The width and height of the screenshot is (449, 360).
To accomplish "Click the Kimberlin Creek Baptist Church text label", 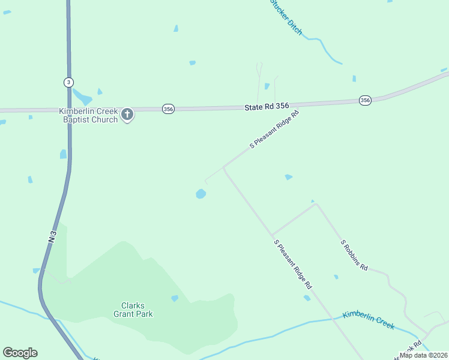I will pyautogui.click(x=88, y=115).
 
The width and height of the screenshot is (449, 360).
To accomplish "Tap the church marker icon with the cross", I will pyautogui.click(x=127, y=114).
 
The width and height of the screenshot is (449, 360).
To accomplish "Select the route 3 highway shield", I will pyautogui.click(x=68, y=82).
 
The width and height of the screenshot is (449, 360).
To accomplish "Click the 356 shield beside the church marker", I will pyautogui.click(x=168, y=109).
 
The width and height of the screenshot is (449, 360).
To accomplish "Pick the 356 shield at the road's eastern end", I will pyautogui.click(x=365, y=100).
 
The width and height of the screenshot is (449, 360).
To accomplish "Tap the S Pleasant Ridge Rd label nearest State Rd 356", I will pyautogui.click(x=274, y=130).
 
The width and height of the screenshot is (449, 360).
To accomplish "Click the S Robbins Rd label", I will pyautogui.click(x=354, y=255).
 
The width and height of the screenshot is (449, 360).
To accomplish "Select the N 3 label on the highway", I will pyautogui.click(x=53, y=236).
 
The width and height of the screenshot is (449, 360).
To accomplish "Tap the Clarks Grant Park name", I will pyautogui.click(x=133, y=310).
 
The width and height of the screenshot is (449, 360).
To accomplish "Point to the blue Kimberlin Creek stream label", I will pyautogui.click(x=369, y=320).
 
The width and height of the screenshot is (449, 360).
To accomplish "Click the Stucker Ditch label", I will pyautogui.click(x=286, y=16).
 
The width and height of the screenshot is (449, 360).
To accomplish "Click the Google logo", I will pyautogui.click(x=20, y=353).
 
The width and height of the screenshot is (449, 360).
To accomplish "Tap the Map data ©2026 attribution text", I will pyautogui.click(x=424, y=355).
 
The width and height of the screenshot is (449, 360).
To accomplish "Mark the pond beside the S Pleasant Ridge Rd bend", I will pyautogui.click(x=200, y=194).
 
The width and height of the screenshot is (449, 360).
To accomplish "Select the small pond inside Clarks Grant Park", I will pyautogui.click(x=175, y=298).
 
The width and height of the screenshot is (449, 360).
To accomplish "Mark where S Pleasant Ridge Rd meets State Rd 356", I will pyautogui.click(x=300, y=105).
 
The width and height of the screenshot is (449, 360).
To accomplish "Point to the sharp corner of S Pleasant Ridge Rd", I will pyautogui.click(x=224, y=167).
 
